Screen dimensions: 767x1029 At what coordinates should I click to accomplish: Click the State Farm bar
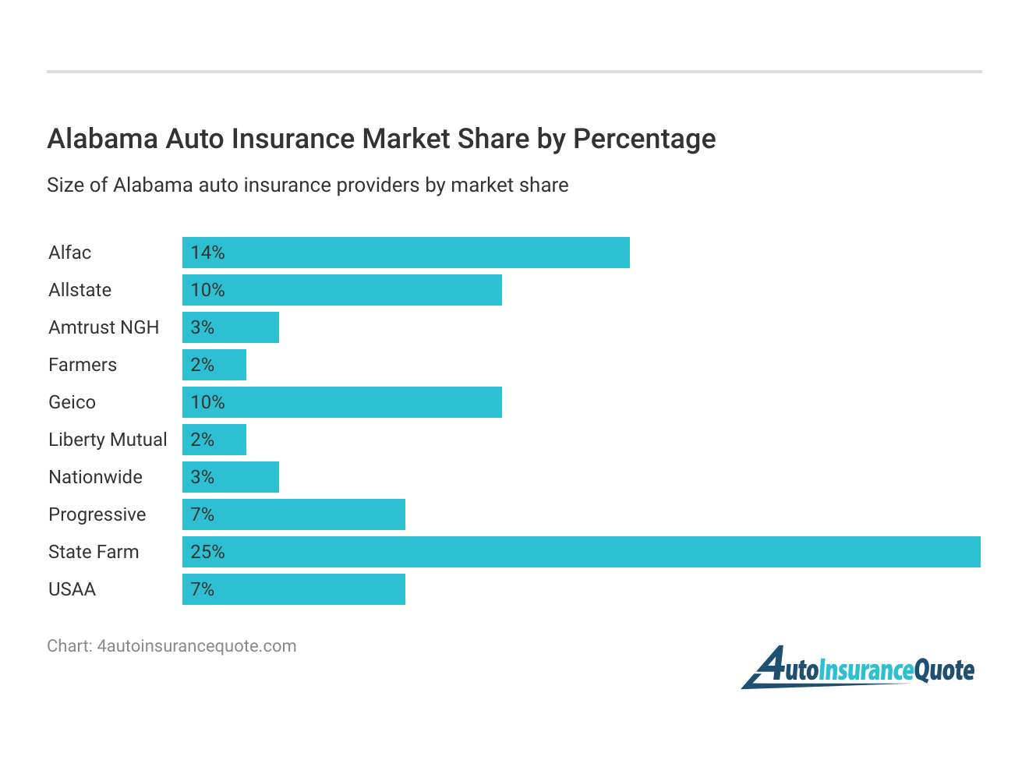[x=581, y=552]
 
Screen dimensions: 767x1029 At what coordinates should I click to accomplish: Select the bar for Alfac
[x=405, y=253]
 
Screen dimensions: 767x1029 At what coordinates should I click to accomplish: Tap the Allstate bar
[x=341, y=290]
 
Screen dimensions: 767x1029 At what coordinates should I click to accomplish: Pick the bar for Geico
[x=341, y=402]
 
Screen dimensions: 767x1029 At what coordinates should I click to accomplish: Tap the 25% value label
[x=207, y=552]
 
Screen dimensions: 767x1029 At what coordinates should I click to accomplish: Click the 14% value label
[x=207, y=253]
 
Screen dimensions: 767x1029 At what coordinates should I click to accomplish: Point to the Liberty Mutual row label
[x=108, y=440]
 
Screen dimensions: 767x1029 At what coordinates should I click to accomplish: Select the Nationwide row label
[x=95, y=477]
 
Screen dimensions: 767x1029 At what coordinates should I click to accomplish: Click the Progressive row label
[x=97, y=514]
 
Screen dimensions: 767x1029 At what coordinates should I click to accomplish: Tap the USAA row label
[x=72, y=589]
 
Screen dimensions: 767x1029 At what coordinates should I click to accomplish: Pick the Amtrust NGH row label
[x=104, y=327]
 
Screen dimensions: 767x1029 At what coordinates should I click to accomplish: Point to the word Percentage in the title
[x=644, y=139]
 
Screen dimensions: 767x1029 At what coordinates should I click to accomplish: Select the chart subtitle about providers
[x=307, y=185]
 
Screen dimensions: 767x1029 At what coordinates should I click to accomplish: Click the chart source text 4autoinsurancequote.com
[x=196, y=646]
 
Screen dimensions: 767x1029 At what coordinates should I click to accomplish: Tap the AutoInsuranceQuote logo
[x=857, y=668]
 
